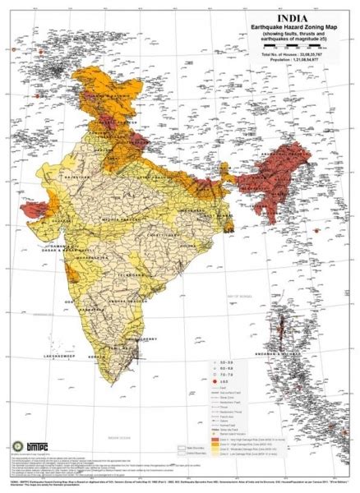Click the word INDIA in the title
[294, 16]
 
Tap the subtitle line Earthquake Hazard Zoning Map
[293, 26]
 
